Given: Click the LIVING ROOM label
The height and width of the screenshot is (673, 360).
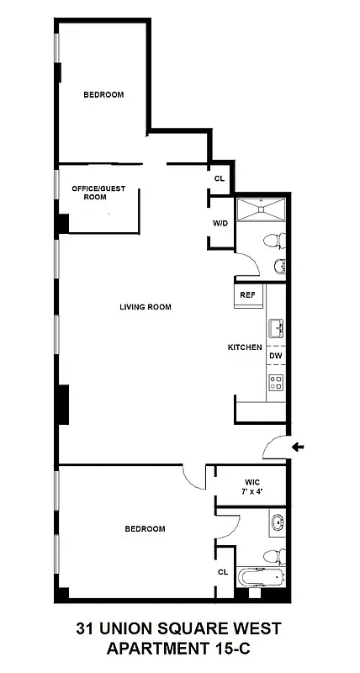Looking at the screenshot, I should coord(145,307).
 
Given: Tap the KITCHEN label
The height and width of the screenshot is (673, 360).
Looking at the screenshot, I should coord(245,347).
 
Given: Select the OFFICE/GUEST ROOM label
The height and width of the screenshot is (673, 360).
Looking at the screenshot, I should coord(98,193).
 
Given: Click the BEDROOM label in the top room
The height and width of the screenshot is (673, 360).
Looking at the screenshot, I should coord(103,95).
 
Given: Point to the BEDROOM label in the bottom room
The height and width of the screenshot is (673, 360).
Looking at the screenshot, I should coord(145,529).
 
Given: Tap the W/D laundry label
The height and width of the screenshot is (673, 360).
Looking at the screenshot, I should coord(220,224).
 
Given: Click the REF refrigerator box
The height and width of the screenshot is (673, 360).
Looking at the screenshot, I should coord(247,295).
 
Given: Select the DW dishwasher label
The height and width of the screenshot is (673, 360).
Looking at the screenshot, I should coord(275,357).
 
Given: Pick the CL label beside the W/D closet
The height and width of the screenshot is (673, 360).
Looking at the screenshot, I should coord(220,178).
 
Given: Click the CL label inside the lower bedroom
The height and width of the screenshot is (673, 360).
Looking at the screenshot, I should coord(223,572).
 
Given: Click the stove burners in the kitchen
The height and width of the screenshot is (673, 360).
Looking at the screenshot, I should coord(276,384).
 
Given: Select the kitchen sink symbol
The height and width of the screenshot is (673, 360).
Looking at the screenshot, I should coord(276,326).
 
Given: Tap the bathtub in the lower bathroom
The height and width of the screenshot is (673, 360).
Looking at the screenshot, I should coord(262,579).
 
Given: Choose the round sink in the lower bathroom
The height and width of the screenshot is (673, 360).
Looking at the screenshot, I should coord(277,522).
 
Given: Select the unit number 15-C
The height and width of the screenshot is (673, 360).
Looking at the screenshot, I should coord(226,649).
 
